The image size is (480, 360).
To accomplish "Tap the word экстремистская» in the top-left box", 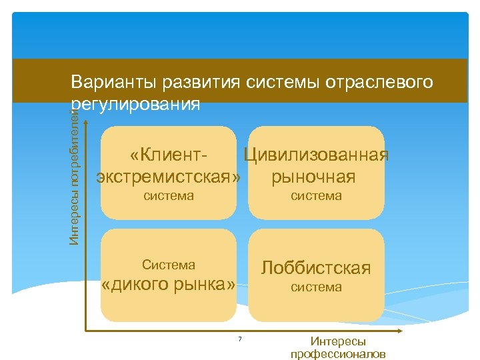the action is pyautogui.click(x=169, y=177).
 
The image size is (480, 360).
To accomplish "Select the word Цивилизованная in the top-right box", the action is pyautogui.click(x=316, y=155).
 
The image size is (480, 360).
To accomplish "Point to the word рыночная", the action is pyautogui.click(x=313, y=177).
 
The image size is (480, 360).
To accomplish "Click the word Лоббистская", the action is pyautogui.click(x=316, y=268).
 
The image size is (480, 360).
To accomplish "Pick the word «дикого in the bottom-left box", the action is pyautogui.click(x=135, y=285).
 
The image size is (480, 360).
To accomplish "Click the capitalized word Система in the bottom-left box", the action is pyautogui.click(x=169, y=265).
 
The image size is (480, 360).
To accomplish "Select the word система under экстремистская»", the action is pyautogui.click(x=169, y=196).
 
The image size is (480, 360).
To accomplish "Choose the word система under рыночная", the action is pyautogui.click(x=316, y=196).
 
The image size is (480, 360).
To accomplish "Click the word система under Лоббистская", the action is pyautogui.click(x=316, y=287).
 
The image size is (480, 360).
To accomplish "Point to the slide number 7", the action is pyautogui.click(x=240, y=340).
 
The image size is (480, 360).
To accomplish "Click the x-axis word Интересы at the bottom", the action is pyautogui.click(x=338, y=341).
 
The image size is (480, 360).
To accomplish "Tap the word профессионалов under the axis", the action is pyautogui.click(x=338, y=353).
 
